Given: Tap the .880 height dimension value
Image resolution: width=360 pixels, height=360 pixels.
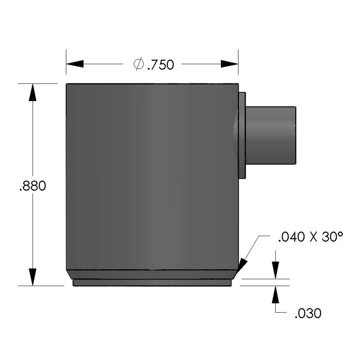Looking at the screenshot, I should [x=33, y=186].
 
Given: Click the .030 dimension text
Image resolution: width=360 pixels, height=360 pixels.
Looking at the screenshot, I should [x=308, y=313].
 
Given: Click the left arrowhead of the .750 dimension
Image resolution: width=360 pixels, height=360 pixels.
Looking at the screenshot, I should [x=75, y=64].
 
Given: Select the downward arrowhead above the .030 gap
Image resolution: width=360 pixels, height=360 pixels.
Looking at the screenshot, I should [x=276, y=271].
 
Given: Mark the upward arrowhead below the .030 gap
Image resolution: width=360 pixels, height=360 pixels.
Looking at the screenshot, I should [x=276, y=294].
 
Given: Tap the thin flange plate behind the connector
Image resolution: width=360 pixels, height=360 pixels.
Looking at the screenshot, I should [x=242, y=135].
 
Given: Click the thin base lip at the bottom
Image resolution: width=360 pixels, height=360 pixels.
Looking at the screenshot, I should [x=152, y=283].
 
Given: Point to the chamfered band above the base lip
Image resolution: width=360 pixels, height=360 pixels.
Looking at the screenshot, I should [x=152, y=274].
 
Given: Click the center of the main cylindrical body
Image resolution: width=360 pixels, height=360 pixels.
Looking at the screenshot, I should [x=152, y=176].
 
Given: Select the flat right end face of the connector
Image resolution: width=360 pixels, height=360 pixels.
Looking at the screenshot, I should [x=295, y=135].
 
